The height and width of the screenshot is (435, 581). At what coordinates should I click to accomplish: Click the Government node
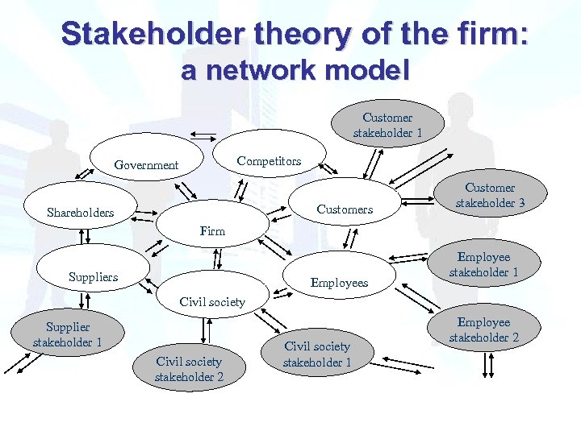[146, 164]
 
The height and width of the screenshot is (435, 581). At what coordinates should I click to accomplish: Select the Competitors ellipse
[269, 160]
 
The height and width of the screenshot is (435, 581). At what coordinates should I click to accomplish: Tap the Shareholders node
[81, 213]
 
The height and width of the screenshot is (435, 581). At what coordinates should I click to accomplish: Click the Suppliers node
[94, 276]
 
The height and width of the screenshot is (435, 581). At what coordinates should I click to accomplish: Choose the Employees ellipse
[339, 282]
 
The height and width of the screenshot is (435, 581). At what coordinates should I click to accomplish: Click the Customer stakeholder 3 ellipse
[490, 196]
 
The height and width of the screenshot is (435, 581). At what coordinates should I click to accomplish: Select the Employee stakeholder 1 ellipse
[484, 265]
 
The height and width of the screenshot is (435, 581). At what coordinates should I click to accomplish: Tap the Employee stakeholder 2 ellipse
[484, 330]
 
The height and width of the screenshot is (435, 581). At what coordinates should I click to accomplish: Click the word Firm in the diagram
[213, 231]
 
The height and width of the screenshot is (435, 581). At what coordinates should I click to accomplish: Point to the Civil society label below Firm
[212, 302]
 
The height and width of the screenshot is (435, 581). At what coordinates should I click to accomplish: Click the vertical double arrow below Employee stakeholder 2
[487, 365]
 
